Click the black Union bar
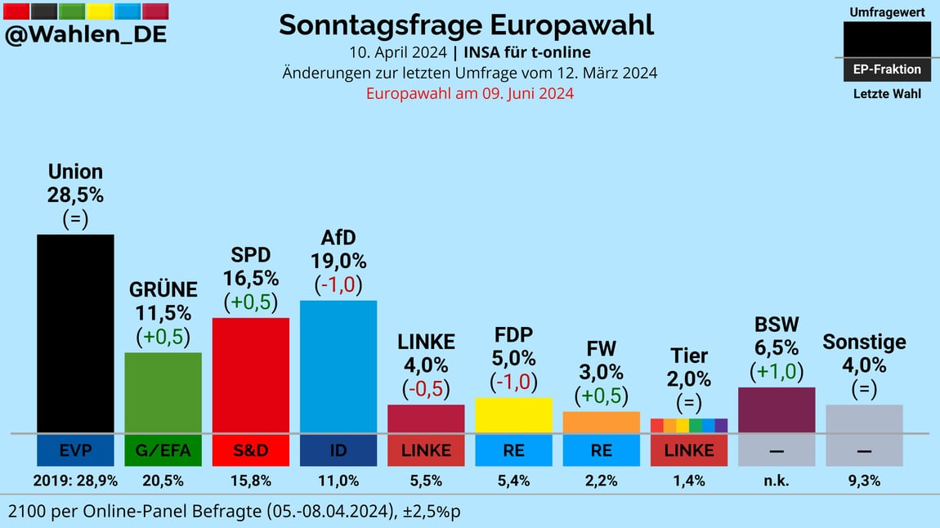[75, 333]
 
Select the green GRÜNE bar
[163, 392]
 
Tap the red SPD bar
[251, 375]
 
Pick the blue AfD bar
[338, 366]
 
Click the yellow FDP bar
[513, 415]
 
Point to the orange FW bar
[602, 422]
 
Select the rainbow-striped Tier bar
[689, 425]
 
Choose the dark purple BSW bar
[777, 409]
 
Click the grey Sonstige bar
[864, 418]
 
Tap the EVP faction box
[75, 450]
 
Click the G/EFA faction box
[163, 450]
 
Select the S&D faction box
[251, 450]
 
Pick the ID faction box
[338, 450]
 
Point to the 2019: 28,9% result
[75, 481]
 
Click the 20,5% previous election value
[163, 481]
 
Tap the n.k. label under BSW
[777, 481]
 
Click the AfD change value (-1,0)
[338, 285]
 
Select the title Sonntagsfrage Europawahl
[466, 25]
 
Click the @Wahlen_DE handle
[86, 34]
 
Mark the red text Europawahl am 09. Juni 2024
[469, 93]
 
